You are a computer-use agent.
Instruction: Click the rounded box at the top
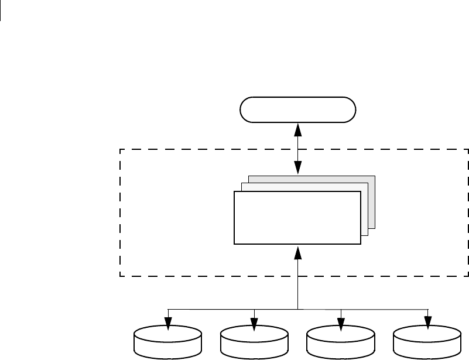click(298, 110)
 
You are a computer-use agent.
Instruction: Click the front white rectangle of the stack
click(297, 217)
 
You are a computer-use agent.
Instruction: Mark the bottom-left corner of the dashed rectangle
click(121, 276)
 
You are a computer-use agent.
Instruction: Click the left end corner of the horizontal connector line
click(168, 308)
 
